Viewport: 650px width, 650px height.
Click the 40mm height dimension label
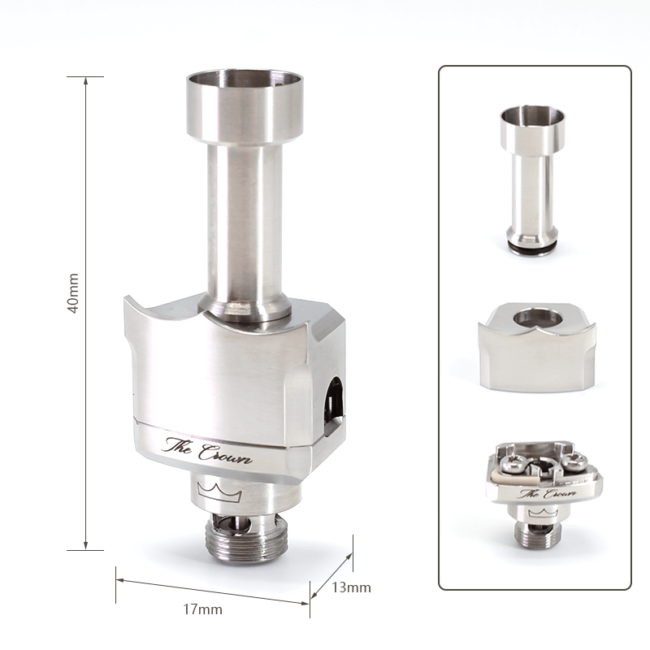point(74,293)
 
